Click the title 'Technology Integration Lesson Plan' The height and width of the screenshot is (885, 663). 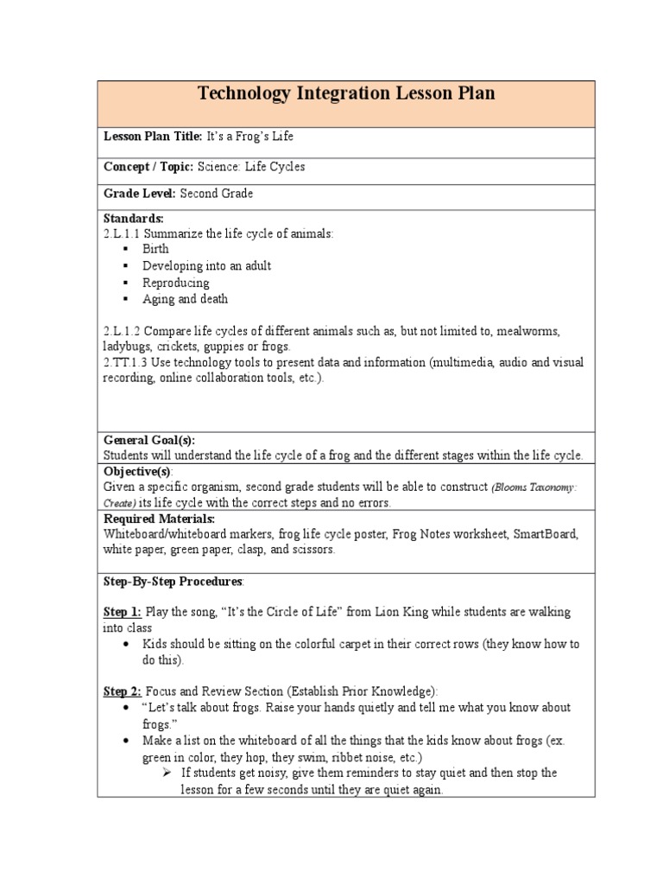pos(346,93)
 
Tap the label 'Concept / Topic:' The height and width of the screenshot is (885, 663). pos(148,167)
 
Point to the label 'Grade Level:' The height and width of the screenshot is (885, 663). pos(140,194)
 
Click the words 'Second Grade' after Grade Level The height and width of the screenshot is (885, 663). pos(217,194)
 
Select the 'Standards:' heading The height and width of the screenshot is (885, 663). pos(133,219)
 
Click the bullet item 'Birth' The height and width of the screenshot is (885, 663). pos(156,249)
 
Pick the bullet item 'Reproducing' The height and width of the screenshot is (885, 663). pos(175,283)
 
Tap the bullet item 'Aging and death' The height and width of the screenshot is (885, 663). pos(185,299)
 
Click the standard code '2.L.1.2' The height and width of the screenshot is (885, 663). pos(122,332)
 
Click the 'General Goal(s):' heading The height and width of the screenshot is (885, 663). pos(149,440)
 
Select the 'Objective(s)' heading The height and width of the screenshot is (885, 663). pos(138,471)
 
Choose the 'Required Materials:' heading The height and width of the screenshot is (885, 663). pos(159,519)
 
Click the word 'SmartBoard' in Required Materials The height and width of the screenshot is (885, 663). pos(546,534)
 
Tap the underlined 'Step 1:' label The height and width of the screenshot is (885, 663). pos(123,612)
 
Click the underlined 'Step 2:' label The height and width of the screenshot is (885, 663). pos(123,691)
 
